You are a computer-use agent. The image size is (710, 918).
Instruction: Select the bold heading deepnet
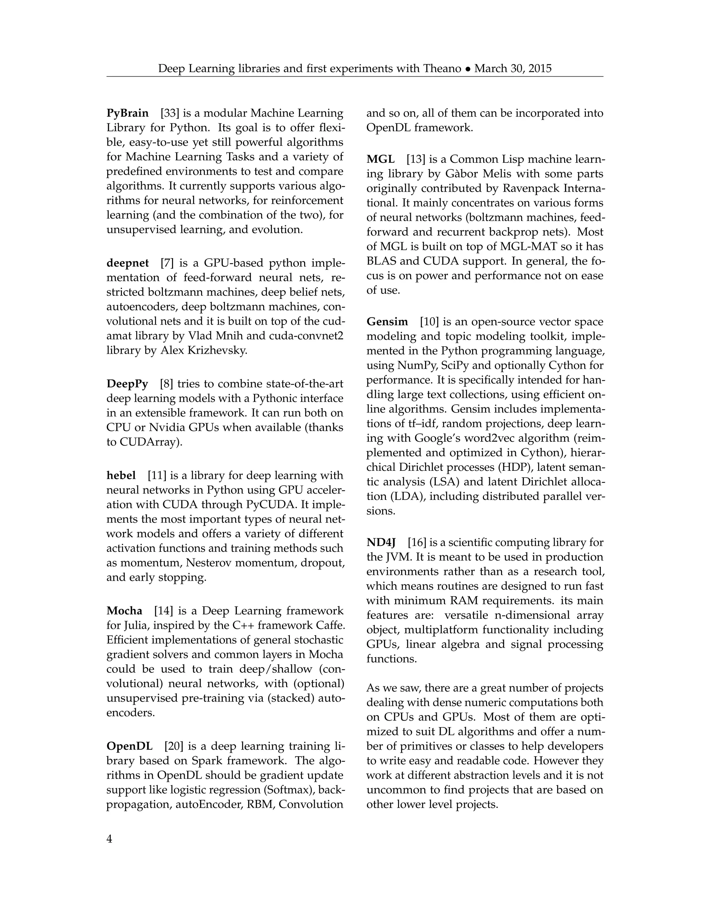(128, 263)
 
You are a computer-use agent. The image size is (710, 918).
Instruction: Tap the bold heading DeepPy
(127, 384)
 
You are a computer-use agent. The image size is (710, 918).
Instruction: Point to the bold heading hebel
(121, 475)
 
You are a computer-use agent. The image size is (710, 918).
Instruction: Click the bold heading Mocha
(124, 611)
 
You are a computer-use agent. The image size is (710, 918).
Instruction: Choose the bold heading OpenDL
(129, 746)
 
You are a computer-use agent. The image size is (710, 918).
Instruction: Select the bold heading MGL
(380, 159)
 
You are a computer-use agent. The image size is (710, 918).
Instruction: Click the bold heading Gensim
(387, 321)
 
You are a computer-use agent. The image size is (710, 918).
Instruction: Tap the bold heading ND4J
(381, 542)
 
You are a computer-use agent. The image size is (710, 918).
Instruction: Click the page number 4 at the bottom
(109, 839)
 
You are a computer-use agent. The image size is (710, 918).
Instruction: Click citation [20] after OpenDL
(174, 746)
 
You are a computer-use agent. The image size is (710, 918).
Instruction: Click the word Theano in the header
(442, 69)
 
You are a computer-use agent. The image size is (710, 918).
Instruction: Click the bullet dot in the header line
(468, 69)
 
